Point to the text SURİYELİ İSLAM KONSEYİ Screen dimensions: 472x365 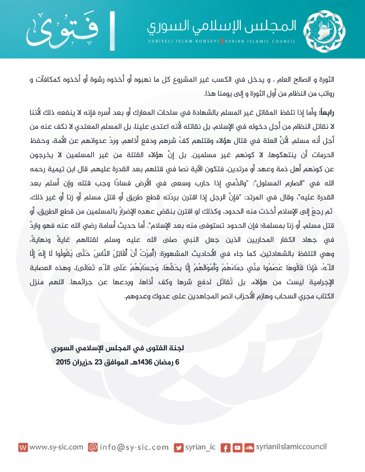184,41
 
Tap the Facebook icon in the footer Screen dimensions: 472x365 226,448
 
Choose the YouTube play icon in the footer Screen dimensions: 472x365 237,448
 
